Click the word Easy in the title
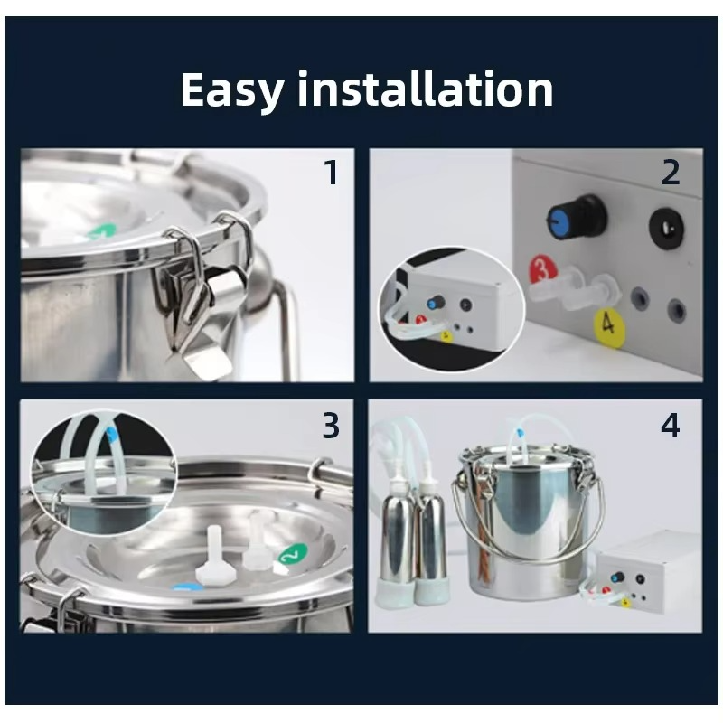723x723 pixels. tap(230, 90)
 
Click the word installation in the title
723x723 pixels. tap(425, 89)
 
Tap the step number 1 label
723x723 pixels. tap(332, 173)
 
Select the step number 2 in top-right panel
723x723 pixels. tap(671, 173)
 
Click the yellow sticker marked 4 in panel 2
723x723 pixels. tap(608, 324)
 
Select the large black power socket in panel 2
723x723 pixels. tap(666, 228)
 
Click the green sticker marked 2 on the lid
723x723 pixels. tap(292, 555)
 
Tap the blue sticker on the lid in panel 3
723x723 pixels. tap(188, 587)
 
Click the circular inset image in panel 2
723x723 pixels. tap(452, 308)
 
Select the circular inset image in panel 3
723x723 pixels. tap(104, 473)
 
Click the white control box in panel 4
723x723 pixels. tap(645, 572)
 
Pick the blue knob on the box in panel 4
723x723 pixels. tap(616, 577)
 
